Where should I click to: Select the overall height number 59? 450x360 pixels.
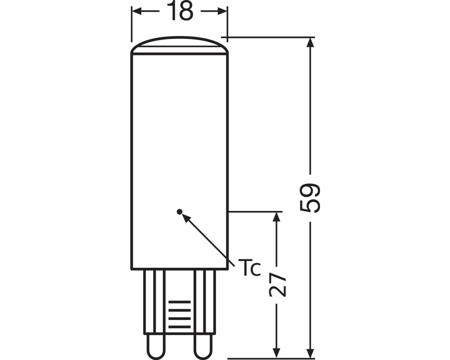pos(310,198)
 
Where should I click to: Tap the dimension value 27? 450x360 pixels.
pos(277,284)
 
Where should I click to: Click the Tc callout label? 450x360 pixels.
pos(249,268)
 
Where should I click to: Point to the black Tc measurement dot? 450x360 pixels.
pos(180,212)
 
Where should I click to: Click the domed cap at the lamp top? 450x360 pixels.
pos(180,45)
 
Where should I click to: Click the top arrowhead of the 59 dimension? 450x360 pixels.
pos(310,42)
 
